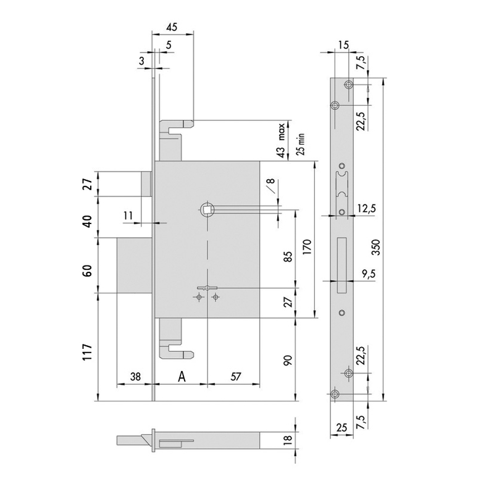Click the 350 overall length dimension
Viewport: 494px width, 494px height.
tap(377, 248)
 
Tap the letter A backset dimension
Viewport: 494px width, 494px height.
tap(182, 377)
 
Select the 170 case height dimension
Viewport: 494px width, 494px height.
tap(308, 246)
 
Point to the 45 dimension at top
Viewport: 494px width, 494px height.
tap(172, 27)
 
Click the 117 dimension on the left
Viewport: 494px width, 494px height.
tap(87, 352)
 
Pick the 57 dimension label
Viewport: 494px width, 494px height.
tap(236, 377)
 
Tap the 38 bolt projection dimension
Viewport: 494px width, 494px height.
tap(135, 377)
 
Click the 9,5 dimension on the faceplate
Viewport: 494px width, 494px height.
tap(368, 274)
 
